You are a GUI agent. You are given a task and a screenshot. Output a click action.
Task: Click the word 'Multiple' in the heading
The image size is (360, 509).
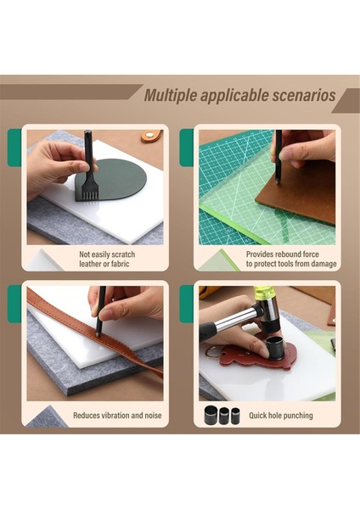[x=171, y=95]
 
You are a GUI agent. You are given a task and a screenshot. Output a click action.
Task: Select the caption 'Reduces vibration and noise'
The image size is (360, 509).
[x=117, y=415]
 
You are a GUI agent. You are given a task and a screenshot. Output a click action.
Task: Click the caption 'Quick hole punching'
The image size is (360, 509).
[x=281, y=415]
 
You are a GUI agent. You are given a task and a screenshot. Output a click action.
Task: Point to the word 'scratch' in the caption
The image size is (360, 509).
[x=121, y=255]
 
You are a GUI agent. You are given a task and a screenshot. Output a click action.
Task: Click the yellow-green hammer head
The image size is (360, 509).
[x=270, y=294]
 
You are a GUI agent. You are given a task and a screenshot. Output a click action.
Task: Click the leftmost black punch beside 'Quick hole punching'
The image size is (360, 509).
[x=211, y=415]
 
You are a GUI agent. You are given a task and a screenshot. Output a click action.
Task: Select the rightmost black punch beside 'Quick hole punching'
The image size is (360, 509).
[x=235, y=415]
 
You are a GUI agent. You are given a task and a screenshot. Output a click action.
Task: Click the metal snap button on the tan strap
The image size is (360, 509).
[x=150, y=134]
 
